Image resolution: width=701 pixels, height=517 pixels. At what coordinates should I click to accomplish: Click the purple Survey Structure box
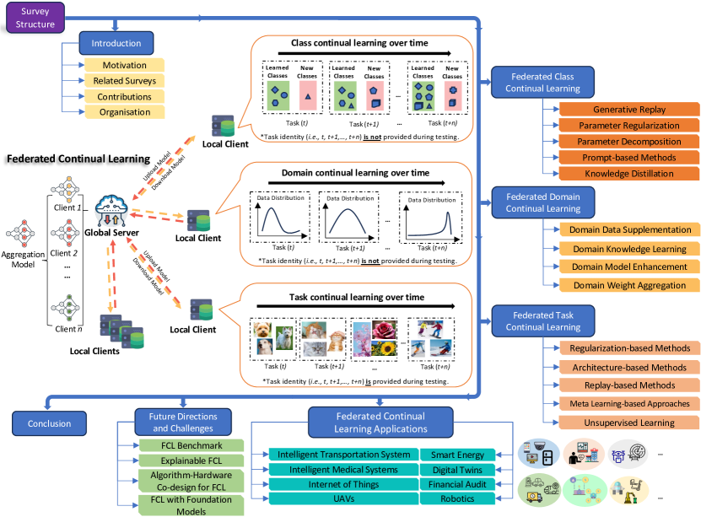click(35, 18)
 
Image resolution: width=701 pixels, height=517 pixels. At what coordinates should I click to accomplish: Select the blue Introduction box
click(116, 43)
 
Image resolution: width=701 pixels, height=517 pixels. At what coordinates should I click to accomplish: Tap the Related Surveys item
click(124, 81)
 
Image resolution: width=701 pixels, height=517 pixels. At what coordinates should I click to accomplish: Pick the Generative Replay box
click(629, 110)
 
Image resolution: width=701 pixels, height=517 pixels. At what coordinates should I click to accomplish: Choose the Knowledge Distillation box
click(629, 173)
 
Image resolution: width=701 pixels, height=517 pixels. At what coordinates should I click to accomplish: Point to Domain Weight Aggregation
click(629, 286)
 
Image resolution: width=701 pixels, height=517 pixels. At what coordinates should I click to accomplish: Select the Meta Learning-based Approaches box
click(629, 403)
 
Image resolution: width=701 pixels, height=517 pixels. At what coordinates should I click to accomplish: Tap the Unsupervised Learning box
click(629, 422)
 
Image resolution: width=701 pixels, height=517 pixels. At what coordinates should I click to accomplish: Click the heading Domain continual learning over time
click(348, 173)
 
